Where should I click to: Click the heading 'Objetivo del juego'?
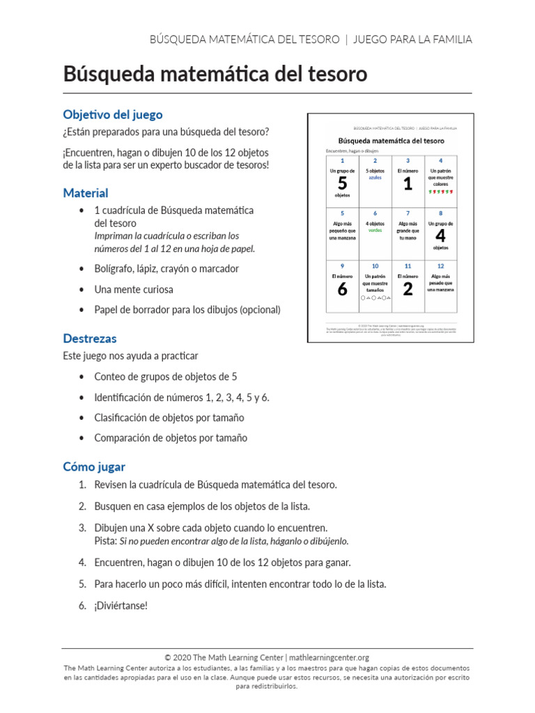pyautogui.click(x=113, y=114)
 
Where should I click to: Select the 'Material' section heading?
pyautogui.click(x=86, y=193)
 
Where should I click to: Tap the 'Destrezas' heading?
pyautogui.click(x=90, y=339)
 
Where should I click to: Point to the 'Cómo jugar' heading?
pyautogui.click(x=94, y=467)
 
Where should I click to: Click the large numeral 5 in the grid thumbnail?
pyautogui.click(x=342, y=184)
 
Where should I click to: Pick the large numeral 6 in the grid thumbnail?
pyautogui.click(x=342, y=289)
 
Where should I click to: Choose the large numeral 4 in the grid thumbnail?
pyautogui.click(x=440, y=235)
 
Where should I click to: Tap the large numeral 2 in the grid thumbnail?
pyautogui.click(x=408, y=289)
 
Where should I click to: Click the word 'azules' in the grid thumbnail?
pyautogui.click(x=375, y=178)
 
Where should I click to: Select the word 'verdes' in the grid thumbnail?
pyautogui.click(x=375, y=230)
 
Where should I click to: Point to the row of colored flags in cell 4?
pyautogui.click(x=440, y=191)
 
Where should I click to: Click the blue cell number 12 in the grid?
pyautogui.click(x=440, y=266)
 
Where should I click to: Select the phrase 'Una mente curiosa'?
pyautogui.click(x=134, y=290)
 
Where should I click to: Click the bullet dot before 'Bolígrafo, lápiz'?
pyautogui.click(x=83, y=269)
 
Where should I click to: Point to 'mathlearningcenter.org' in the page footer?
pyautogui.click(x=328, y=657)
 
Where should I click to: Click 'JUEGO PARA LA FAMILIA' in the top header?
pyautogui.click(x=412, y=40)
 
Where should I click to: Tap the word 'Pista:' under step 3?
pyautogui.click(x=106, y=541)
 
